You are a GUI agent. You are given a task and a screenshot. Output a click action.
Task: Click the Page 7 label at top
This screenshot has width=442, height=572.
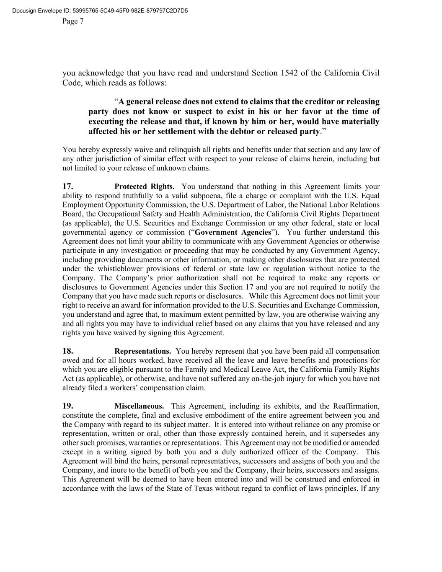tap(73, 21)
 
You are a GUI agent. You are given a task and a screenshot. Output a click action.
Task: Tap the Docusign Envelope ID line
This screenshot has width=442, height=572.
tap(100, 10)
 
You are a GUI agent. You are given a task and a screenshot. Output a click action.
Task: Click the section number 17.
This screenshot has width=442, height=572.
tap(68, 186)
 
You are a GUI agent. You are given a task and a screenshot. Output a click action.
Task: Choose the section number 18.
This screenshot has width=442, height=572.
tap(68, 351)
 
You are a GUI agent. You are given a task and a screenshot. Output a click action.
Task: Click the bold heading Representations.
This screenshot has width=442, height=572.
tap(142, 351)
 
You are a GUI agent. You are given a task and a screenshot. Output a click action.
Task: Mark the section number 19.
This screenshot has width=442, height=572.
tap(68, 406)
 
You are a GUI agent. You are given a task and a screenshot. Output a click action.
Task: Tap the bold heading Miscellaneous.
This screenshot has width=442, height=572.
tap(139, 406)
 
